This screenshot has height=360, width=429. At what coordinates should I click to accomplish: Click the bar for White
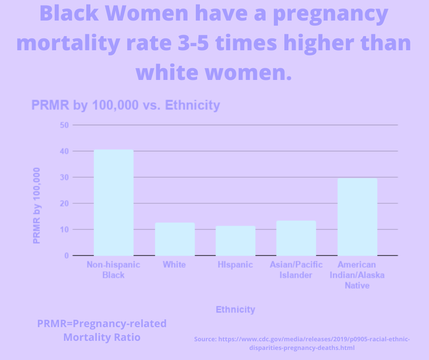(175, 239)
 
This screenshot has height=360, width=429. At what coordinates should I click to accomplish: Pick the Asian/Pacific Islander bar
(296, 238)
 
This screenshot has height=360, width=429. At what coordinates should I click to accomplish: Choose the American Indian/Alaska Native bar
(357, 217)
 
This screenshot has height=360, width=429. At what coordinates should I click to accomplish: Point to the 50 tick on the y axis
(64, 125)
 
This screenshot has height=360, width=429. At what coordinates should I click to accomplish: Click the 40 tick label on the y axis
(64, 151)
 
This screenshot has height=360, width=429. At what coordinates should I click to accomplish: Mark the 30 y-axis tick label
(64, 177)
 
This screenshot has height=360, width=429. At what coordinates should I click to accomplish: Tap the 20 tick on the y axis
(64, 203)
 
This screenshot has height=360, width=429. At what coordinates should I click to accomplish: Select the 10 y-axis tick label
(64, 229)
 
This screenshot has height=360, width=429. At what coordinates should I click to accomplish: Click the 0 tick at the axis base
(66, 255)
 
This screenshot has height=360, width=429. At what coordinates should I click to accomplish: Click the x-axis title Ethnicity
(235, 310)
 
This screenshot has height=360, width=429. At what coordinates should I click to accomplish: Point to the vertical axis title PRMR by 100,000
(37, 205)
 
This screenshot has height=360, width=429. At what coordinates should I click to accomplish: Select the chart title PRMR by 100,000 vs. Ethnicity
(126, 106)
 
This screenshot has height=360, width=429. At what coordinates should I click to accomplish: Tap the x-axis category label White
(174, 265)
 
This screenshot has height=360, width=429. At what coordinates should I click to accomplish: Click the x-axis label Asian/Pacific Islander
(296, 270)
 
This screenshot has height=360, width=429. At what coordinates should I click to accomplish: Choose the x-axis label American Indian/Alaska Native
(357, 275)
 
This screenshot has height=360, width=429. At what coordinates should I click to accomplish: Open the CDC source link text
(302, 344)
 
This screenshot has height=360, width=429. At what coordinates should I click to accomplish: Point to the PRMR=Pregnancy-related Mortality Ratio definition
(102, 331)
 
